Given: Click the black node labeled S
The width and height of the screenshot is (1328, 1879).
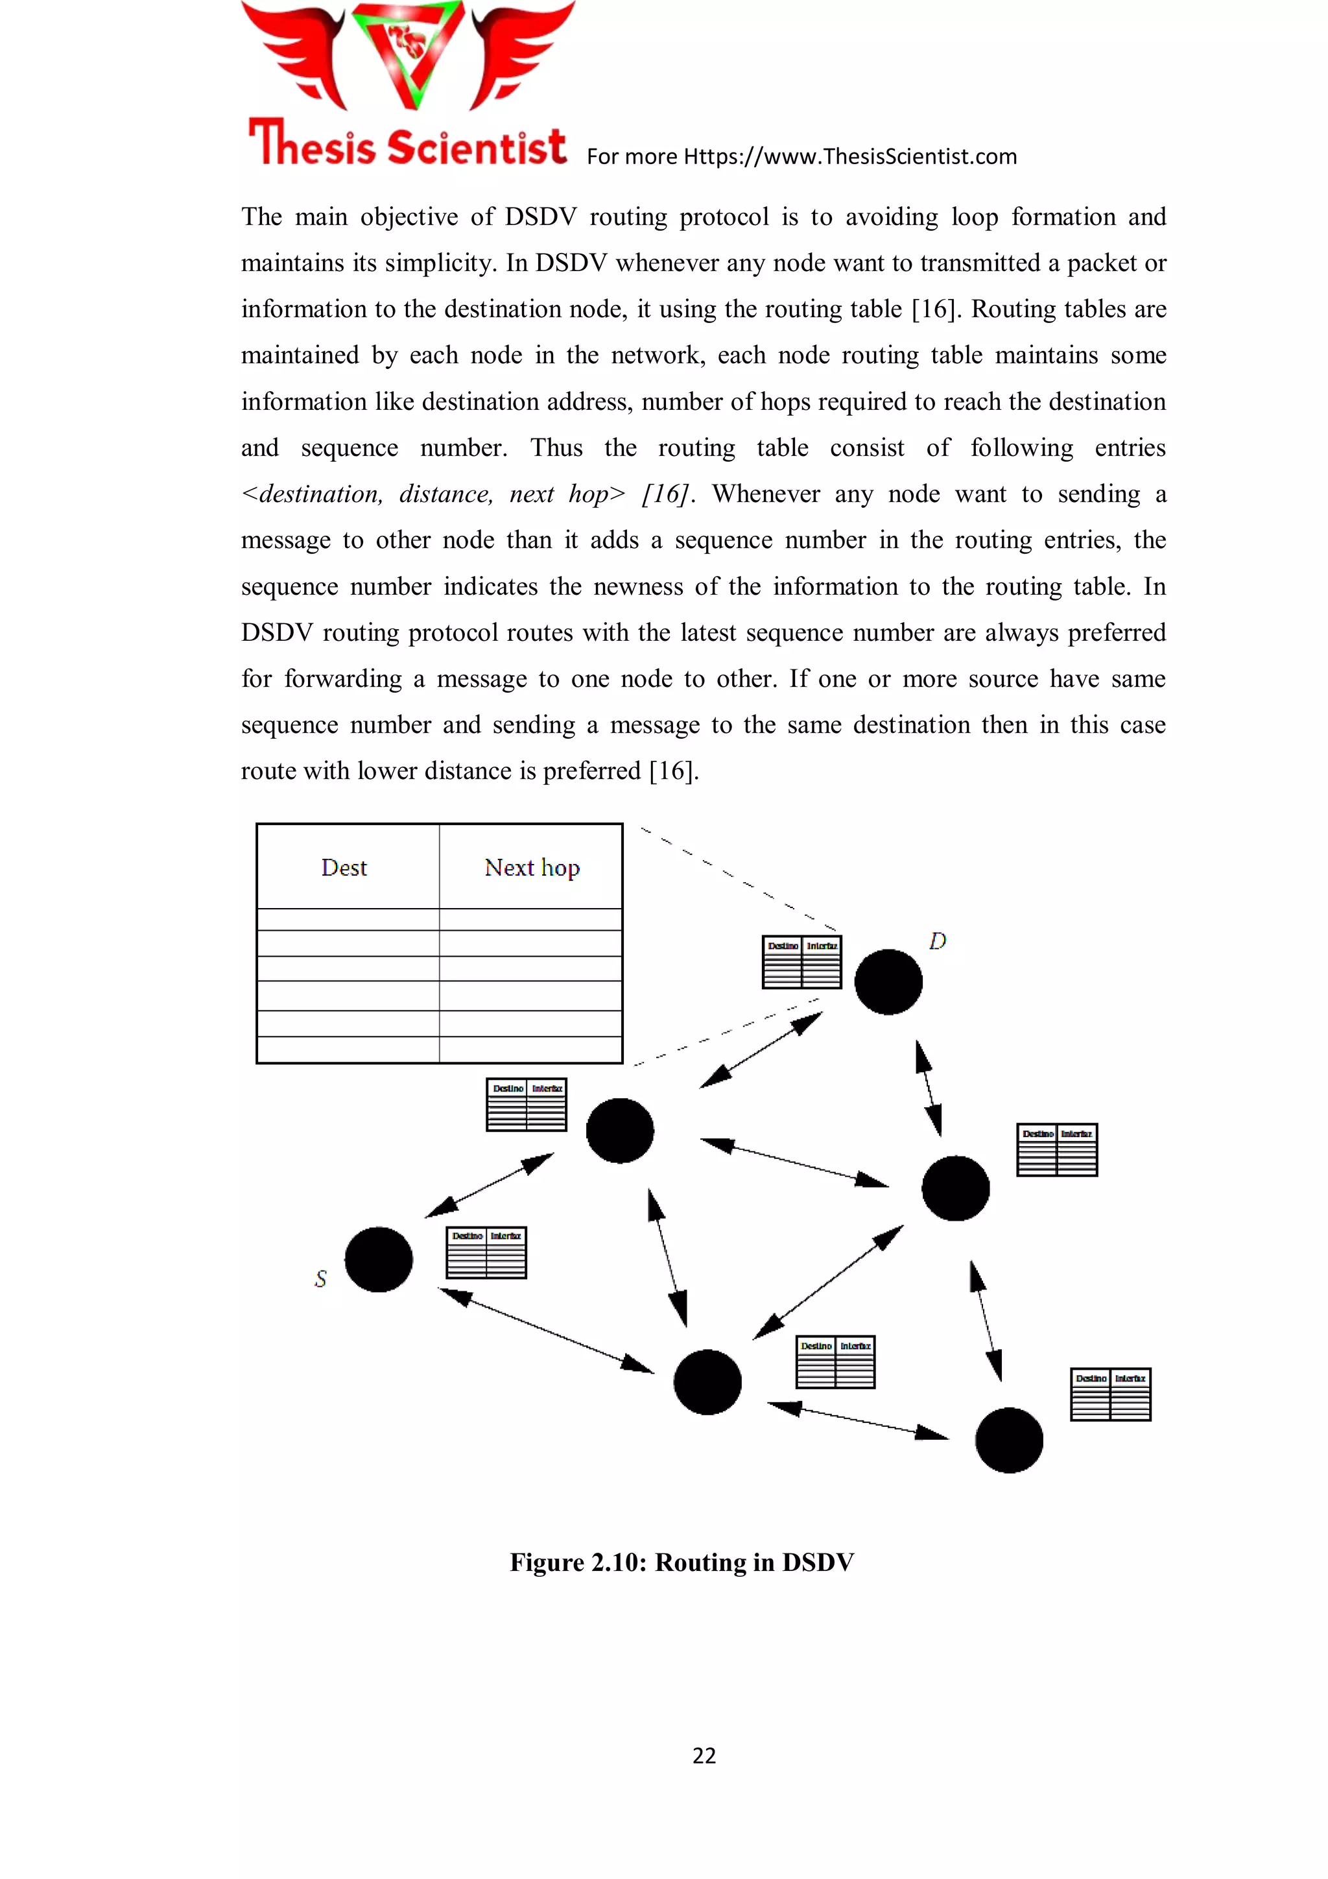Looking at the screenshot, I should (x=378, y=1259).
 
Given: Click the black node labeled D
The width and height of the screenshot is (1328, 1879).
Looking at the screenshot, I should (x=888, y=981).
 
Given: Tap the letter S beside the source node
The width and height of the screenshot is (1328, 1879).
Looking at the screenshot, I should (x=321, y=1278).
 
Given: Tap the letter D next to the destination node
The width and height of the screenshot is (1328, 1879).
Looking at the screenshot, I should (x=938, y=941).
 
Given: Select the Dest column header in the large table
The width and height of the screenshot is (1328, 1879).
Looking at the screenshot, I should (x=344, y=867).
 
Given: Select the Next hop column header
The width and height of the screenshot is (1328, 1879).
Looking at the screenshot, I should (x=532, y=867).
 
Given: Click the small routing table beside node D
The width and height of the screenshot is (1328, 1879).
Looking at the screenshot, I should (x=802, y=963).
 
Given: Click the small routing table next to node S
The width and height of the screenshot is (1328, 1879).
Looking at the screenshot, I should (x=486, y=1252).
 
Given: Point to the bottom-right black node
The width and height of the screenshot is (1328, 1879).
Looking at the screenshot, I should (x=1009, y=1441).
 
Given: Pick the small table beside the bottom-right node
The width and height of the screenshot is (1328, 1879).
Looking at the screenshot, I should (x=1110, y=1394).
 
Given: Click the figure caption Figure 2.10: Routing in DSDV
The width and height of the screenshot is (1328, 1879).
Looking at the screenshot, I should (x=682, y=1562).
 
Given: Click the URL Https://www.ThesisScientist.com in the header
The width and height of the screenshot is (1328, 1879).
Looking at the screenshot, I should (x=850, y=156).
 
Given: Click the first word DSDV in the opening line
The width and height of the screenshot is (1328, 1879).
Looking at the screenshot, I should (x=541, y=217).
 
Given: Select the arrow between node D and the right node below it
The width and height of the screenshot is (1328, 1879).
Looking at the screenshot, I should (x=929, y=1088).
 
